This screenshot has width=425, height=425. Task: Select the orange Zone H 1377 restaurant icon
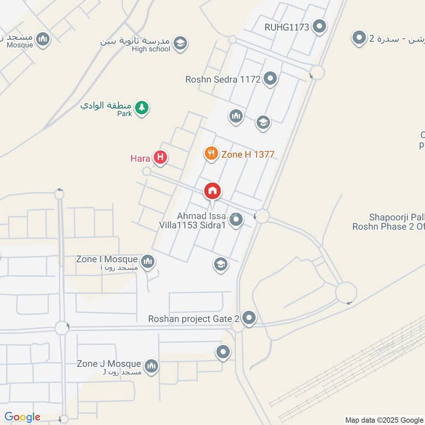(211, 154)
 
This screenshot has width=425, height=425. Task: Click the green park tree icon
(141, 108)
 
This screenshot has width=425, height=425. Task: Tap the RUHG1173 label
(287, 27)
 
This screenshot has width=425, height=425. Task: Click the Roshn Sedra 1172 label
(223, 80)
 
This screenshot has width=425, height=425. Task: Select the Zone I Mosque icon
(148, 261)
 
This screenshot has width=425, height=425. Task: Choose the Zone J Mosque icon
(152, 365)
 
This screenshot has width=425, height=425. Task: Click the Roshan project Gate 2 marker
(249, 319)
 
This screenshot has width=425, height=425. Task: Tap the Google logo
(22, 417)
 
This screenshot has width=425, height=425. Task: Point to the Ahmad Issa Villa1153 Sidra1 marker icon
(236, 219)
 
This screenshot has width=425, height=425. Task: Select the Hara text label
(140, 158)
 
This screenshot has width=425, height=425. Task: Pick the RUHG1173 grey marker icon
(319, 26)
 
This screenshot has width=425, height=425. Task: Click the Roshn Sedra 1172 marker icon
(270, 80)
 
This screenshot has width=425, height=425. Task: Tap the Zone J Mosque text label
(109, 364)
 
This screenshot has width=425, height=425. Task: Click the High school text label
(151, 49)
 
